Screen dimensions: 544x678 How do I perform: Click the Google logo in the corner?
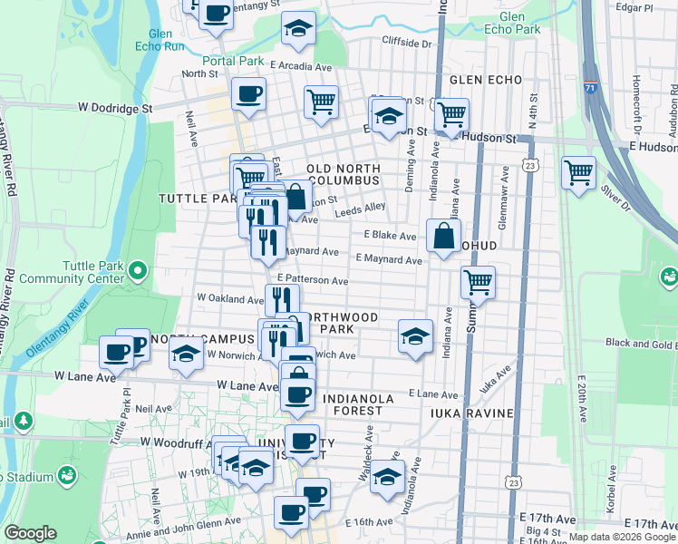(30, 533)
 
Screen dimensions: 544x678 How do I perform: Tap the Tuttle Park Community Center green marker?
(137, 269)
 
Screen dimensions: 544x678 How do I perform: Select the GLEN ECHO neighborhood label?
(485, 80)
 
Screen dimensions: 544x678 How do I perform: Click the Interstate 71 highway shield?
(591, 88)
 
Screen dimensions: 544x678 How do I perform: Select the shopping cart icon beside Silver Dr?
(578, 170)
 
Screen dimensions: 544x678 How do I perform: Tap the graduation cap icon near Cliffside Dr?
(298, 29)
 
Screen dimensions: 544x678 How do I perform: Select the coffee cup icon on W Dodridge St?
(248, 93)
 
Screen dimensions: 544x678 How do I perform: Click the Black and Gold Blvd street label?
(642, 343)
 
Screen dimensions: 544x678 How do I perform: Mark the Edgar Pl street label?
(634, 7)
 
